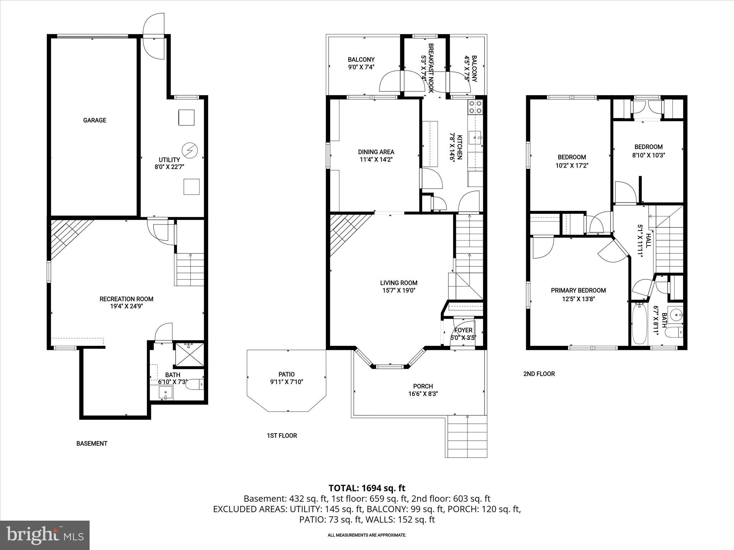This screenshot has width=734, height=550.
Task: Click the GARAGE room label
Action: [x=95, y=120]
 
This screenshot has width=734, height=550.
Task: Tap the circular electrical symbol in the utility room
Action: [x=189, y=150]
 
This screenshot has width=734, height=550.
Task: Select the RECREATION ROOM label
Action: [x=126, y=299]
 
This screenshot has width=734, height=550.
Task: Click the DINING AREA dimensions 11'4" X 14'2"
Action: [x=376, y=160]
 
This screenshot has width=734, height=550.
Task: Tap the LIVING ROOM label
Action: [x=399, y=283]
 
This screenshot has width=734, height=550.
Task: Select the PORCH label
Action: [x=423, y=386]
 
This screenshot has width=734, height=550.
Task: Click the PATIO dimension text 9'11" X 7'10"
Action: [x=286, y=382]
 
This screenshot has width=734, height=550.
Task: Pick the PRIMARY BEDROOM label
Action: [x=578, y=290]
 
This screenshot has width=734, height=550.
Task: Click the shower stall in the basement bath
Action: [x=189, y=355]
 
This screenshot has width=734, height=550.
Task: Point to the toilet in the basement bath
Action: [x=196, y=385]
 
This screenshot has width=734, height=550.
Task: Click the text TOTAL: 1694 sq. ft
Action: [x=367, y=488]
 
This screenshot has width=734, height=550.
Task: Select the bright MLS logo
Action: [x=45, y=535]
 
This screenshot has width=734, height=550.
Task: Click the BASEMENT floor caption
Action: [x=92, y=443]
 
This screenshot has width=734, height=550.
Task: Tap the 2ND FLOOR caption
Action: [x=539, y=374]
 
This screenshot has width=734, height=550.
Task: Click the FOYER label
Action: [x=463, y=330]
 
